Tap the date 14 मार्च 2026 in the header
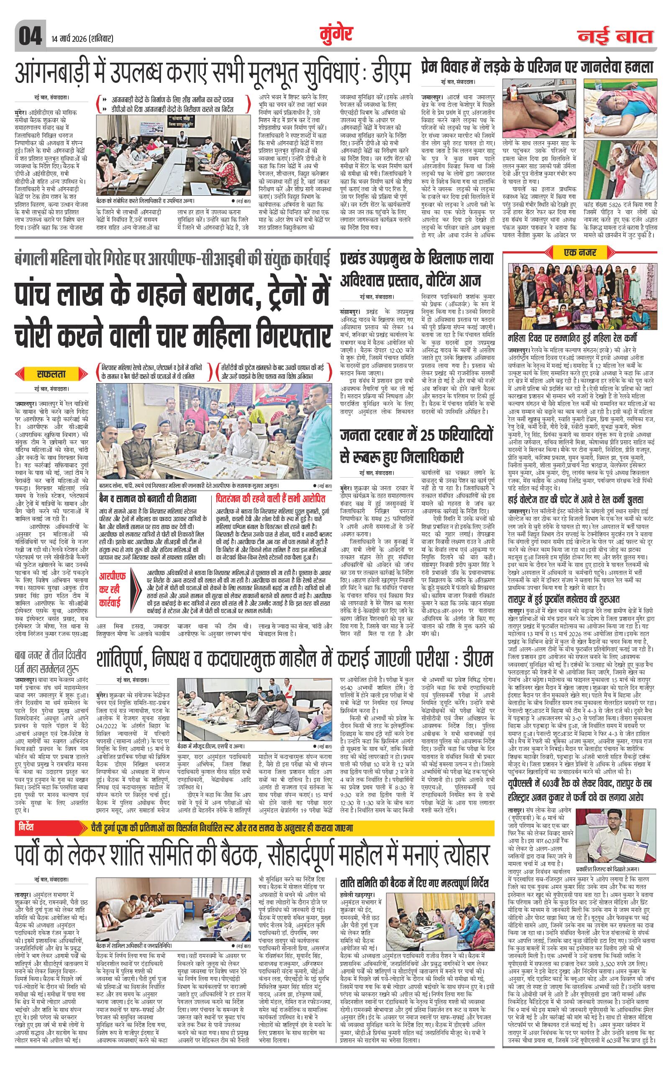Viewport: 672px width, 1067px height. pyautogui.click(x=80, y=38)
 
